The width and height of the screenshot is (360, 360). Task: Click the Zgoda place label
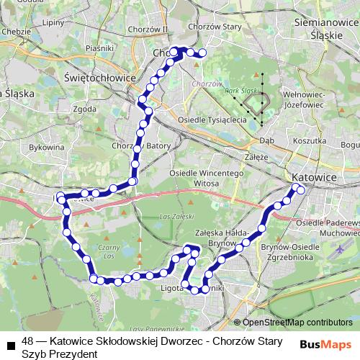click(x=84, y=109)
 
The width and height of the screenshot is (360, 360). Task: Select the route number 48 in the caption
click(x=28, y=341)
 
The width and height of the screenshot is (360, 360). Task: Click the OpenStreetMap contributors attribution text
click(x=297, y=323)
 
